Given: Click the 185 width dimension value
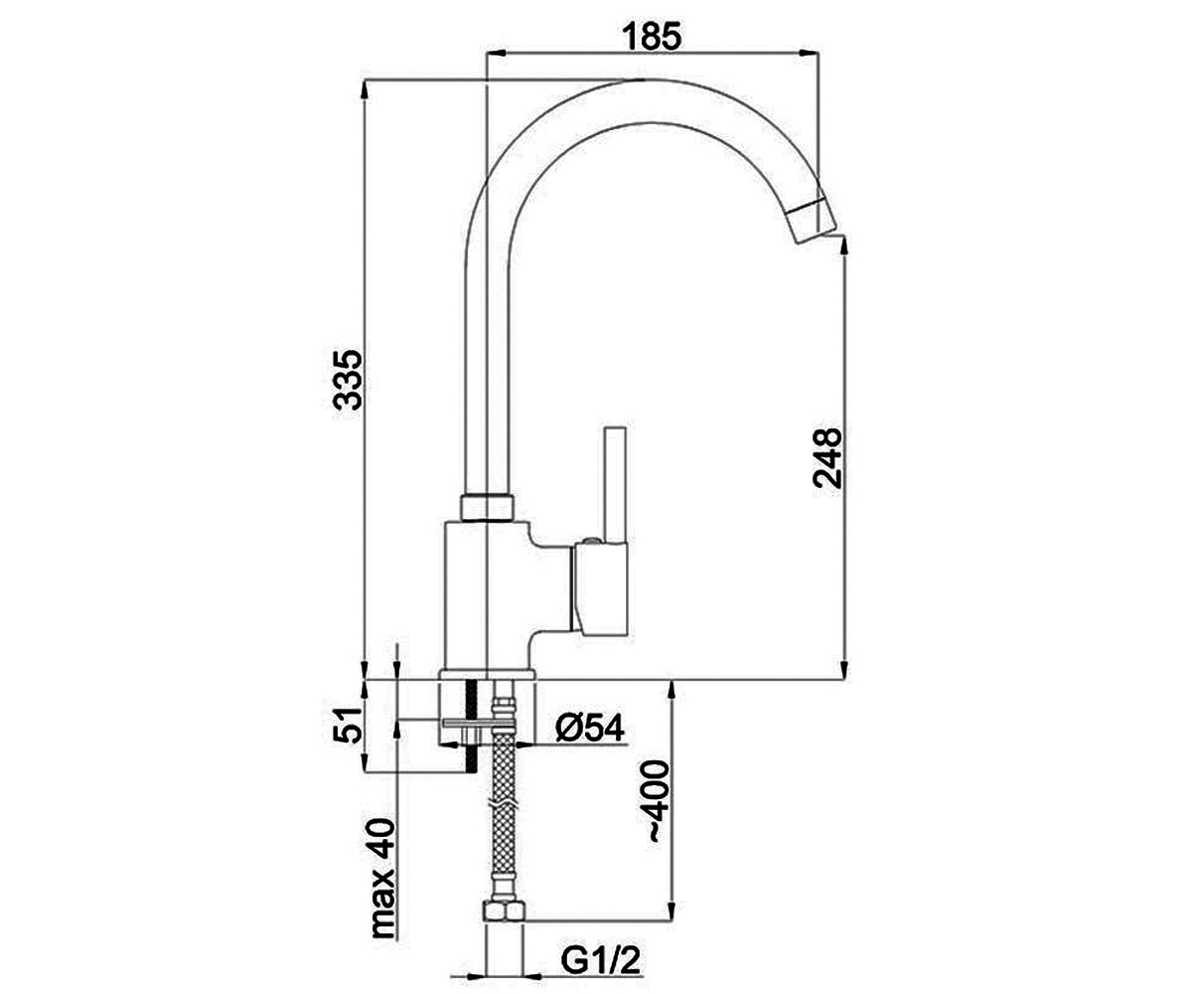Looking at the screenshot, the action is (x=652, y=36).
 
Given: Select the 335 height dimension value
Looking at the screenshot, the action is (x=347, y=380).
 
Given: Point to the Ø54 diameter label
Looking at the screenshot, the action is (x=589, y=728).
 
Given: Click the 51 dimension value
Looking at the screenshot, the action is (x=347, y=726).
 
